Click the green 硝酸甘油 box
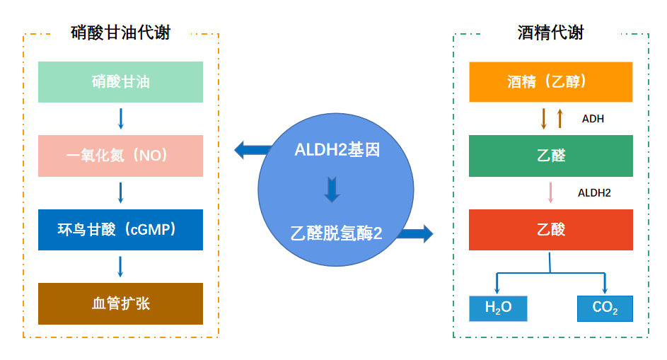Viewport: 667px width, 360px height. (x=120, y=82)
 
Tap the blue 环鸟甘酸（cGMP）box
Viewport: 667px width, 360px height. (x=120, y=229)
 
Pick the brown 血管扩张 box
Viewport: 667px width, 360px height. (x=120, y=303)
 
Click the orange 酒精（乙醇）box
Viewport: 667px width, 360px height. (x=550, y=82)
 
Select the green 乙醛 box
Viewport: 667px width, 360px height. (x=550, y=156)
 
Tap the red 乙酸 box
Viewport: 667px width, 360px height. (x=550, y=229)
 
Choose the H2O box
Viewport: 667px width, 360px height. (x=498, y=308)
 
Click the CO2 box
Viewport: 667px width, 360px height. (x=605, y=308)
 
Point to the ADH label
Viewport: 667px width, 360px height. (x=593, y=119)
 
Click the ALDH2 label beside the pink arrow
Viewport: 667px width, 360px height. (x=594, y=192)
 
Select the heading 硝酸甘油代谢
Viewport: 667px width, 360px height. (x=121, y=33)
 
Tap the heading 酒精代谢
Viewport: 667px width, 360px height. (x=551, y=33)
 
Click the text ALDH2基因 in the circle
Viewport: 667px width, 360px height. (x=337, y=150)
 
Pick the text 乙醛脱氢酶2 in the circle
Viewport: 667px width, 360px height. (x=336, y=233)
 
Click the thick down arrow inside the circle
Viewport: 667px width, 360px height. (x=332, y=190)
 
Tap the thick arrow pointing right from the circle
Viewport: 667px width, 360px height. (x=417, y=233)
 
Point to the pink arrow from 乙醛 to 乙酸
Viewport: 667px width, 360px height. (x=550, y=192)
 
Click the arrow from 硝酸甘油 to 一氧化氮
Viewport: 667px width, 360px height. (x=120, y=118)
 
